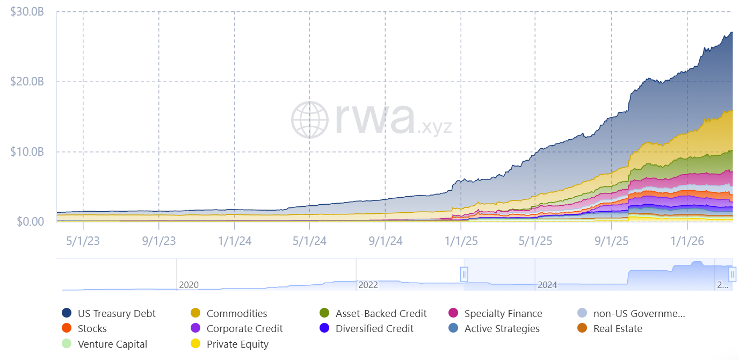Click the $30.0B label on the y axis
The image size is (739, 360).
27,11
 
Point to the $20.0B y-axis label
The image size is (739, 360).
27,82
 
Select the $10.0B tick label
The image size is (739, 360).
27,152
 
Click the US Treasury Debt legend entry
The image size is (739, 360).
117,313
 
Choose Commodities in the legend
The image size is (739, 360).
236,313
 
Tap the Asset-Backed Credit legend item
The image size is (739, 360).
381,313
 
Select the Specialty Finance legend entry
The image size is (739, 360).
503,313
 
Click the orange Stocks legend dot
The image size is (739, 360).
67,328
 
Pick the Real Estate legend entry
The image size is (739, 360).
617,328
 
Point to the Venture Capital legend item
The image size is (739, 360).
112,344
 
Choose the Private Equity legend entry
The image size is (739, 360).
237,344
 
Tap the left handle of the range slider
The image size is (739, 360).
464,274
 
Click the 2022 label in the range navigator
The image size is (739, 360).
368,285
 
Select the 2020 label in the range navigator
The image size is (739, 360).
189,285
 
